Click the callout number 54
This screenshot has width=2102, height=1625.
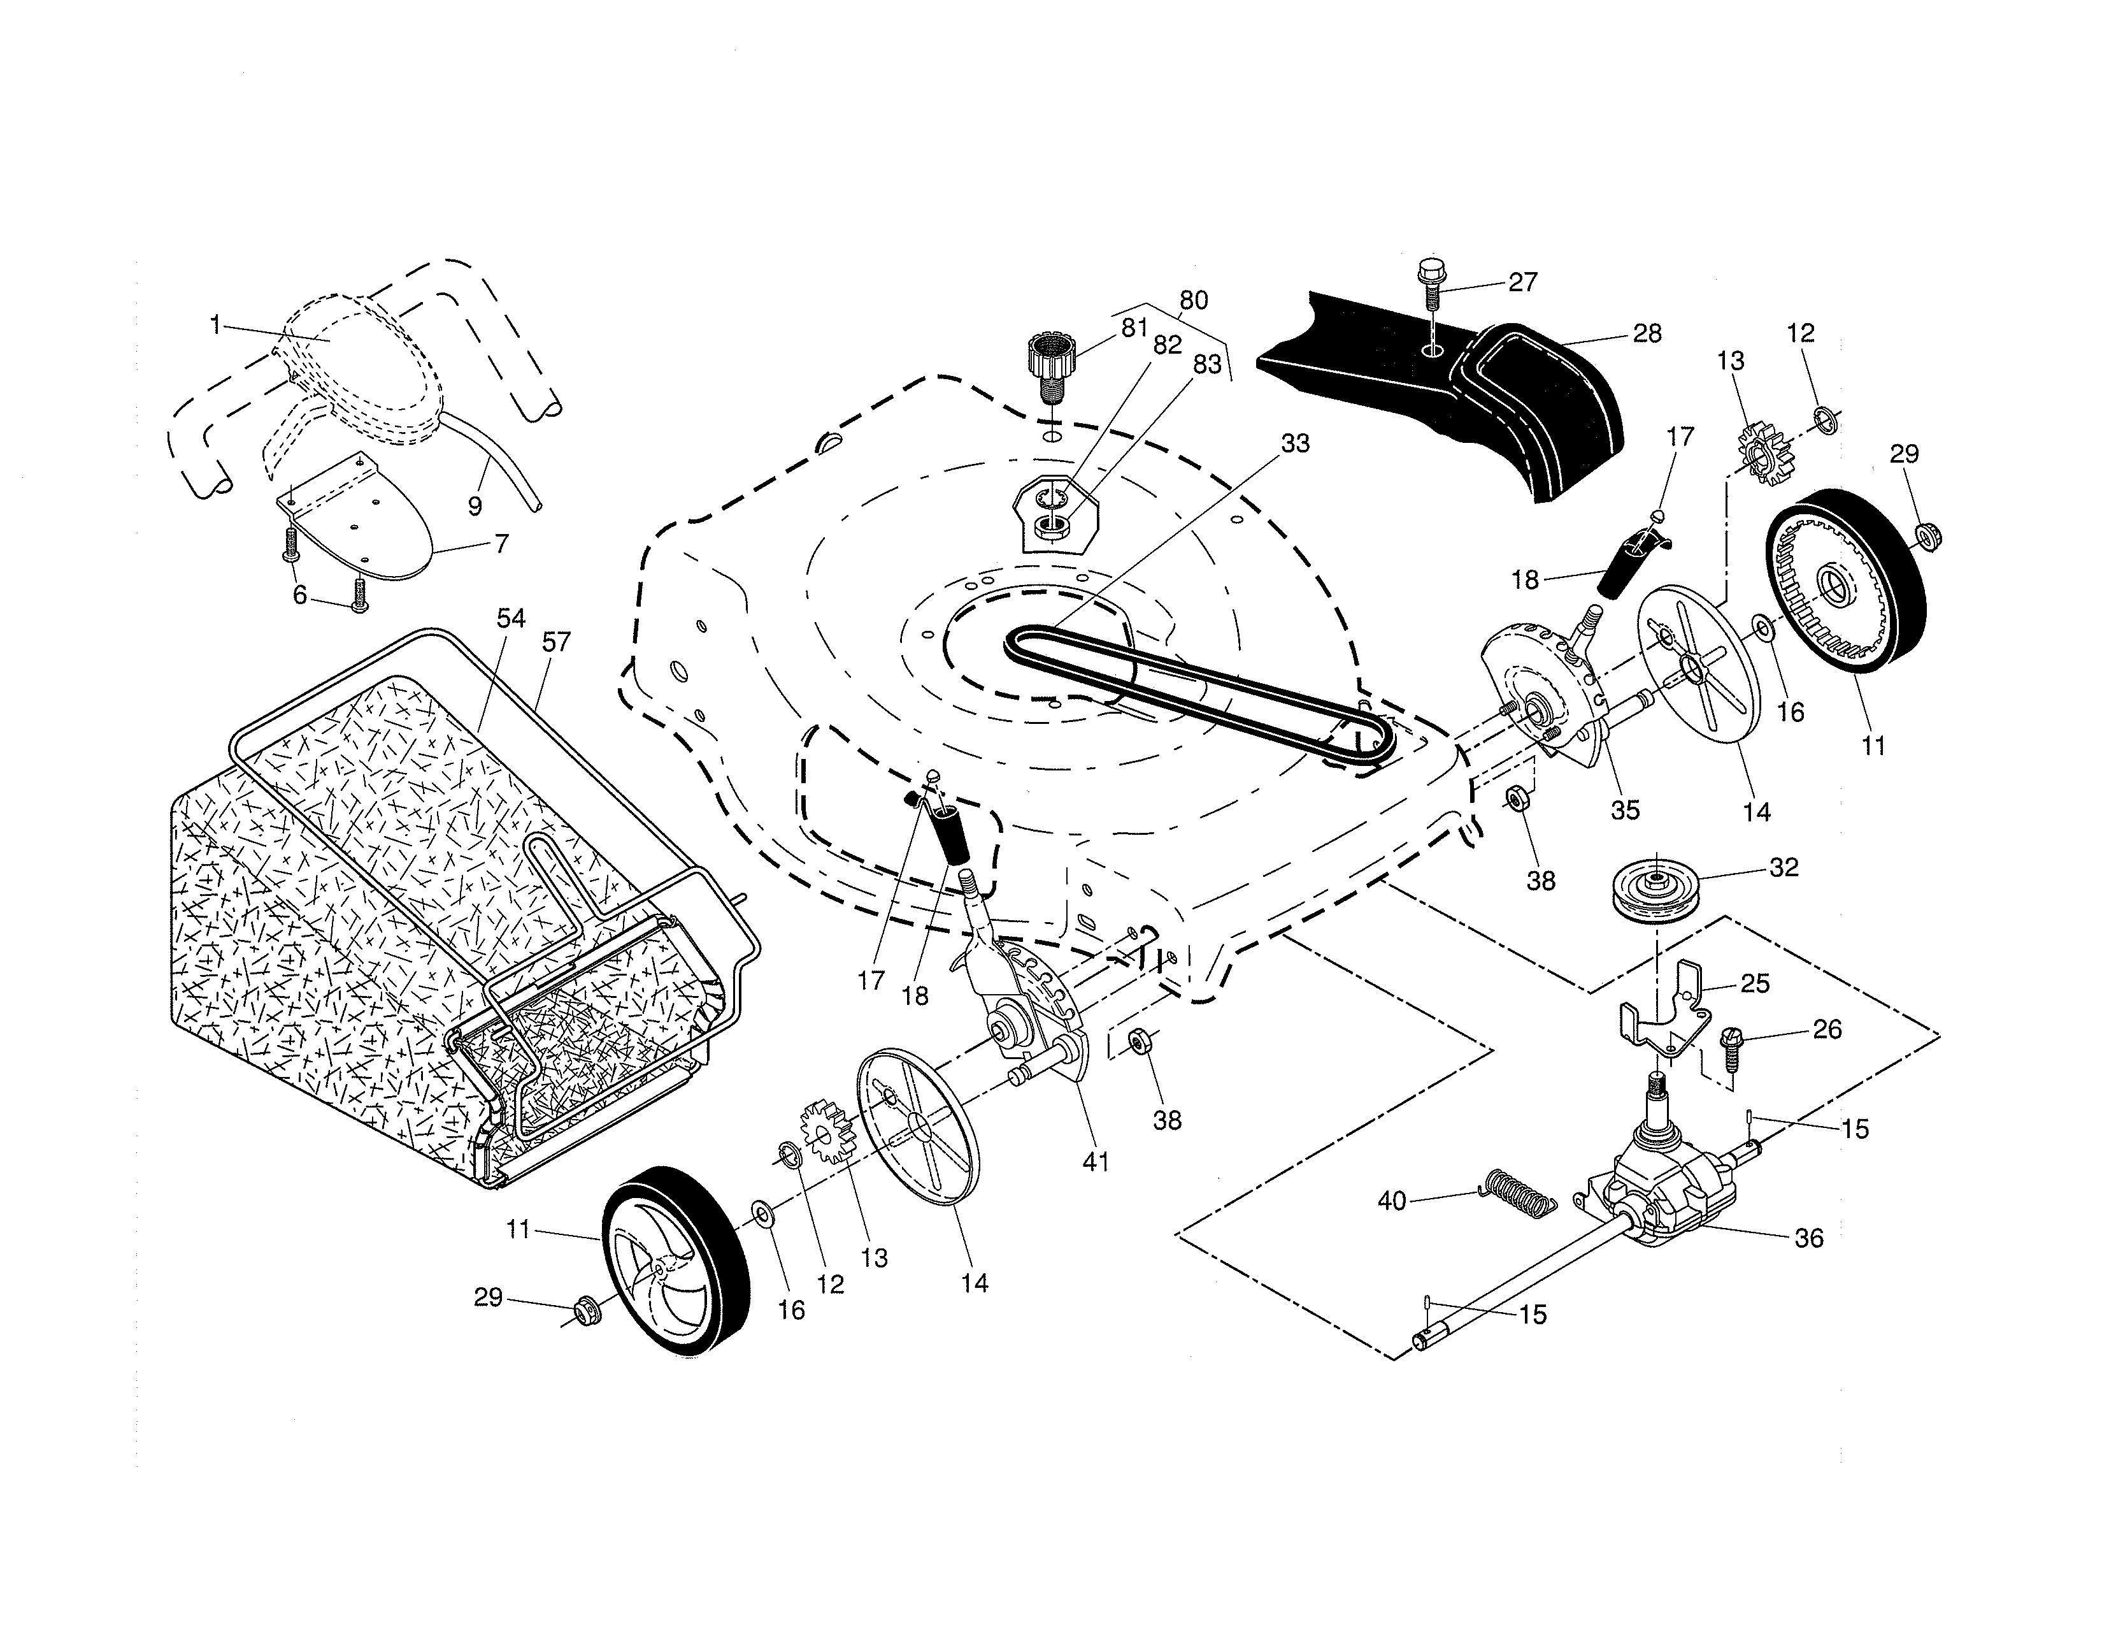pyautogui.click(x=510, y=618)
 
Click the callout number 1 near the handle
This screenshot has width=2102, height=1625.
pyautogui.click(x=215, y=326)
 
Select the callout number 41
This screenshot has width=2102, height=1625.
pyautogui.click(x=1096, y=1162)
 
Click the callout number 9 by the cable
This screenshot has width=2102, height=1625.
pyautogui.click(x=475, y=505)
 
